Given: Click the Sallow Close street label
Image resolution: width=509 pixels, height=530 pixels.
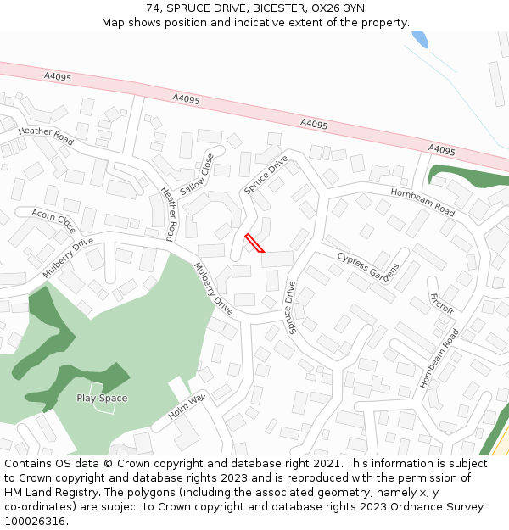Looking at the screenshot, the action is tap(197, 175).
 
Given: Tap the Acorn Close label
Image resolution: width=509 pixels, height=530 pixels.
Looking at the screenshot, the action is tap(53, 220).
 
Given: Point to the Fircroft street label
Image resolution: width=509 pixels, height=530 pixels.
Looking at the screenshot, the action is tap(442, 304).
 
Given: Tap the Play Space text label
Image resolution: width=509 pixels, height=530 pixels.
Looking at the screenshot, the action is tap(102, 398).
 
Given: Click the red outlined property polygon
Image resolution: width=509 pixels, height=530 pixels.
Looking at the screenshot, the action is tap(255, 243).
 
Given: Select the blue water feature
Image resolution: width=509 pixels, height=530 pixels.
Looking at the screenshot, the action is tap(420, 39).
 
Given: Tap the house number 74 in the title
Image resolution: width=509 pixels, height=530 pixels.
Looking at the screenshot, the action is tap(154, 8).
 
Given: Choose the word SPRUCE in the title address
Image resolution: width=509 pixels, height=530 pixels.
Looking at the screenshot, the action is tap(187, 8).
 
